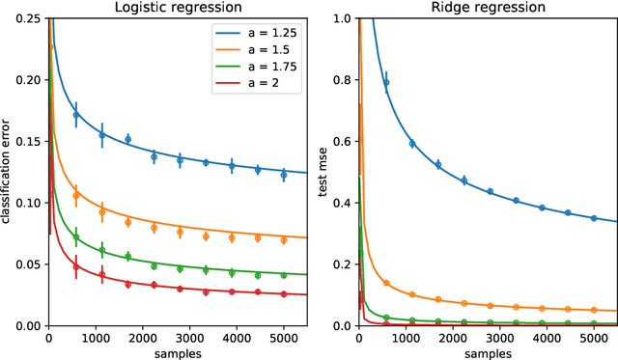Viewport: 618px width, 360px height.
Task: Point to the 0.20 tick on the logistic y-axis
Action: (x=29, y=80)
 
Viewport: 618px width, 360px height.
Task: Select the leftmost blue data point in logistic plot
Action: (x=76, y=115)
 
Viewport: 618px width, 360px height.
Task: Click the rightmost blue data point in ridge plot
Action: (x=594, y=218)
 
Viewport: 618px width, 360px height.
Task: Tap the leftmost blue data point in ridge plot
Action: (x=386, y=82)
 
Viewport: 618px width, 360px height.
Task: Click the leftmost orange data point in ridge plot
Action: (x=386, y=284)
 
